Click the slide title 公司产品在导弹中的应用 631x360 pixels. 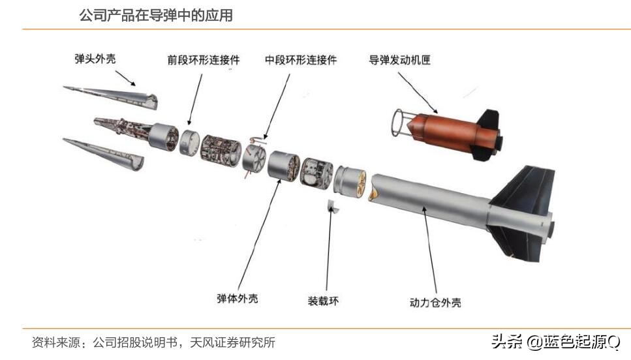point(156,15)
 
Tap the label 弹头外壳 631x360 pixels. point(95,59)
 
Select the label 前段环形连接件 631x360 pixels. point(203,60)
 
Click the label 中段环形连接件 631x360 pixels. point(301,60)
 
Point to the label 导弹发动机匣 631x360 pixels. point(399,60)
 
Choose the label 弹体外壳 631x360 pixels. point(237,299)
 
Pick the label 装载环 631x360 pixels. point(323,301)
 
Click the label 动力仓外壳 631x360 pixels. point(435,303)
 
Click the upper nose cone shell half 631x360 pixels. point(111,97)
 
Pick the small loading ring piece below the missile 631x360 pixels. point(333,206)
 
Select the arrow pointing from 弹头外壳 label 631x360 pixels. point(125,78)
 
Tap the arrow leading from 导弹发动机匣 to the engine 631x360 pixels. point(418,93)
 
